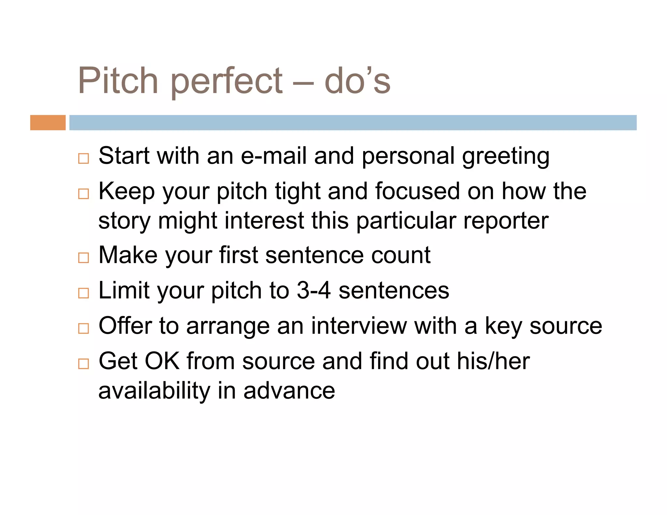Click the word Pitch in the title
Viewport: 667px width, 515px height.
point(118,80)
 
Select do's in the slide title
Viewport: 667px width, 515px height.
point(357,80)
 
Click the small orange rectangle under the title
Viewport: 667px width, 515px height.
point(48,123)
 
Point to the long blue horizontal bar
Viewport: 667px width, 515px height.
point(353,123)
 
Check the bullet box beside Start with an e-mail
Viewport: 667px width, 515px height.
point(83,159)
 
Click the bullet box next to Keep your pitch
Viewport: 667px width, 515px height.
point(83,194)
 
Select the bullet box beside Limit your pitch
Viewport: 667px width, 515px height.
point(83,293)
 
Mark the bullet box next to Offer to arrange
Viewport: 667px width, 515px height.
point(83,328)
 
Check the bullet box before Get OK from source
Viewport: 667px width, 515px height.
point(83,364)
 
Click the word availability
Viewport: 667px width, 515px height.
point(154,391)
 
